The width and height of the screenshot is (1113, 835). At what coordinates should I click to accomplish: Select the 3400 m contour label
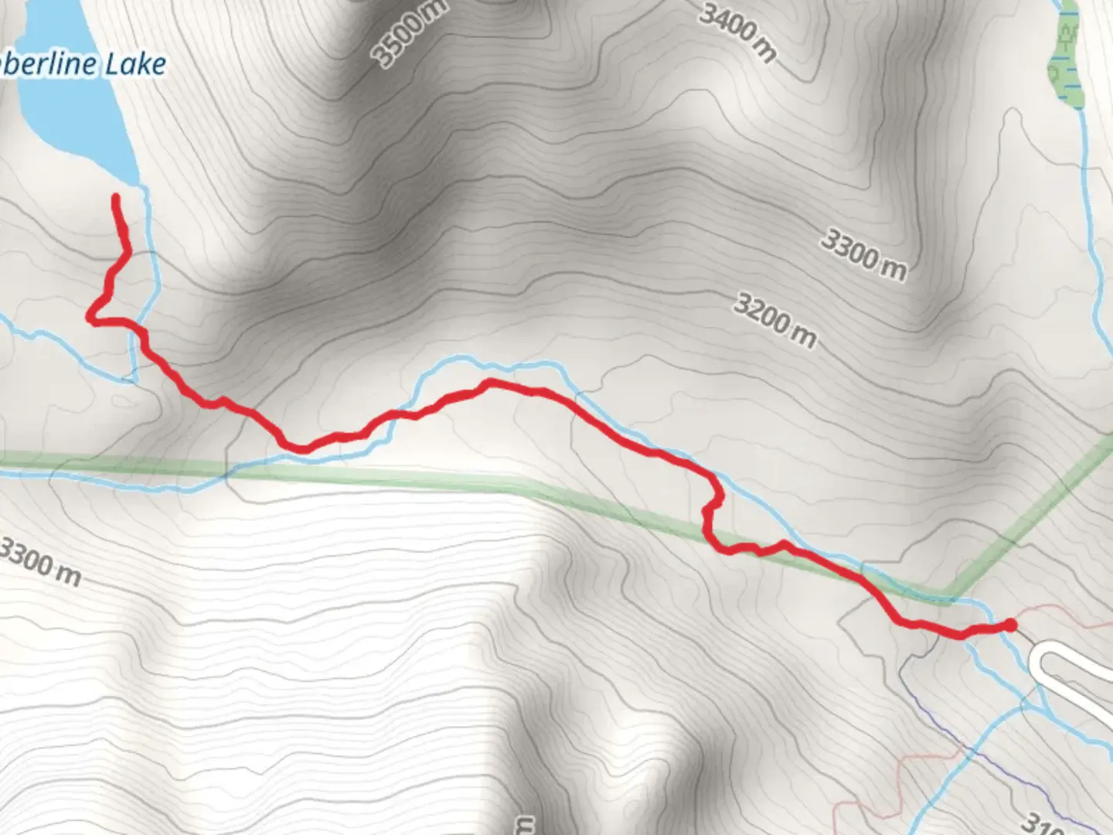click(x=738, y=31)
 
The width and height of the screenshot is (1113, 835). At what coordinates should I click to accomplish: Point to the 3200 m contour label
click(x=774, y=320)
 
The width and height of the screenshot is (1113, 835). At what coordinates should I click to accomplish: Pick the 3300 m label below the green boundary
click(x=40, y=562)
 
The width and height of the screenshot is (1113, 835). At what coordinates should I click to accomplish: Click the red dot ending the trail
click(x=1009, y=625)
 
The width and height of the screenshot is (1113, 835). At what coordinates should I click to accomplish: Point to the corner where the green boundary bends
click(x=947, y=597)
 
